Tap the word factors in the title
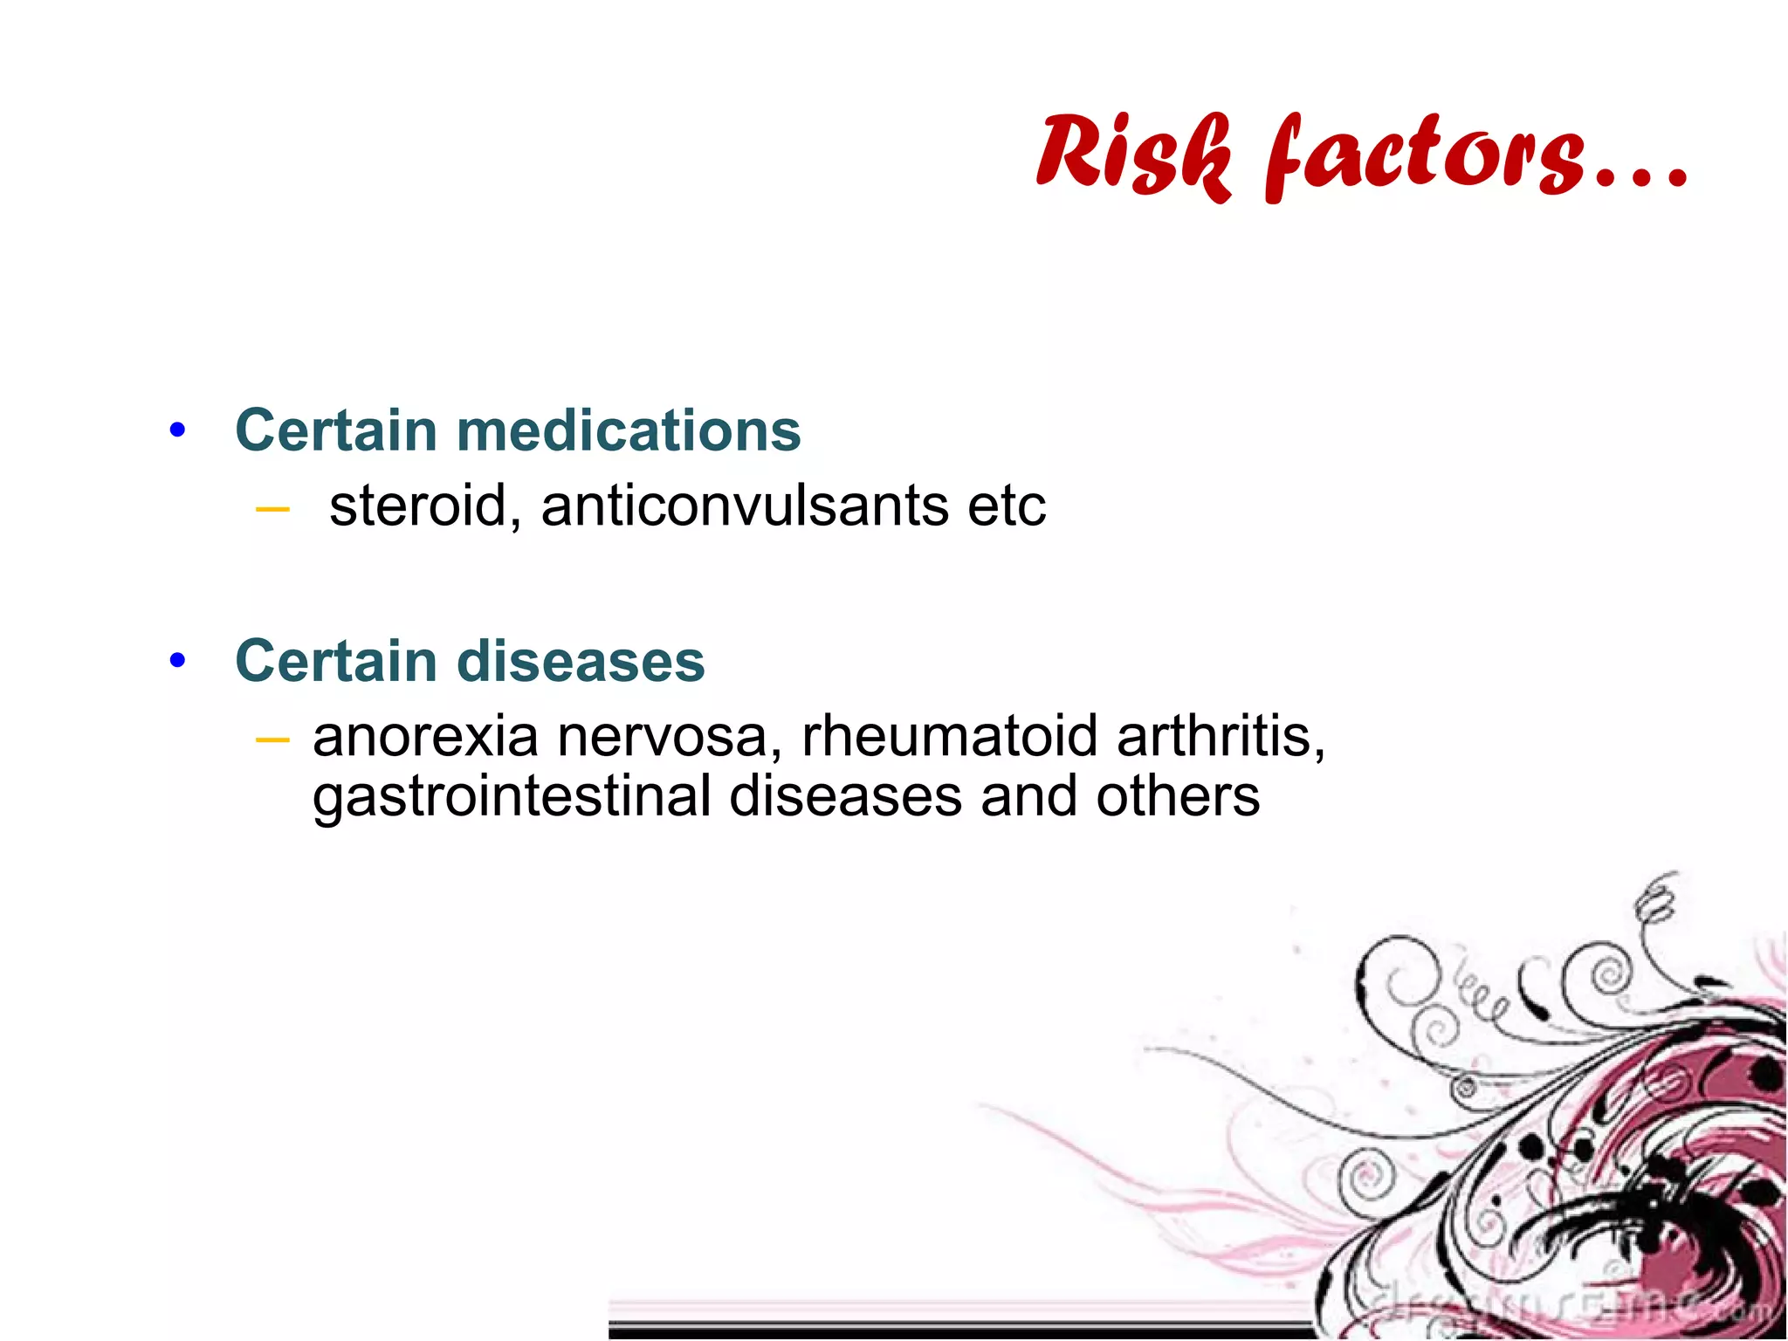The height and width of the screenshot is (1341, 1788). pyautogui.click(x=1424, y=157)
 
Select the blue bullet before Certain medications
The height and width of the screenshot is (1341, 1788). pyautogui.click(x=178, y=430)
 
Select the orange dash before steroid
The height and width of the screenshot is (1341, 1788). pyautogui.click(x=272, y=509)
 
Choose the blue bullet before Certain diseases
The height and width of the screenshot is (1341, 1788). pyautogui.click(x=178, y=661)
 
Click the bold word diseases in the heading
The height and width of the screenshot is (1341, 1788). pyautogui.click(x=580, y=661)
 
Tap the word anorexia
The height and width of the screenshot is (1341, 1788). pyautogui.click(x=425, y=736)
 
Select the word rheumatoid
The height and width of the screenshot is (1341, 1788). pyautogui.click(x=949, y=736)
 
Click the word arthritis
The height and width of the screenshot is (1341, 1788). pyautogui.click(x=1220, y=736)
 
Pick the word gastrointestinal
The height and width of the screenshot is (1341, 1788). pyautogui.click(x=512, y=796)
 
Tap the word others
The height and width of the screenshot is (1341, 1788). pyautogui.click(x=1178, y=796)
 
